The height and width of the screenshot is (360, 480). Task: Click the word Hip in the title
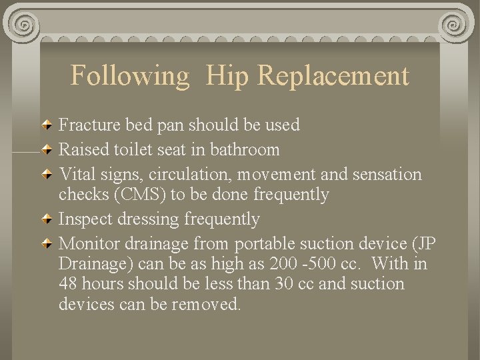(227, 76)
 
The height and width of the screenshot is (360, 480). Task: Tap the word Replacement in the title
(333, 76)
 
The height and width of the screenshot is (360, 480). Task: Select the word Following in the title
(130, 76)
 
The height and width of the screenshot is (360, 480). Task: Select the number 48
(68, 284)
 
